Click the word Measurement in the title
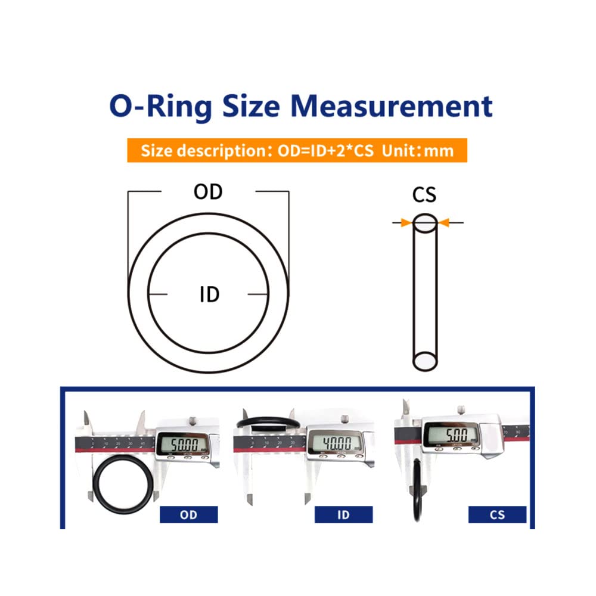point(395,106)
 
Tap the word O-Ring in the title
point(160,106)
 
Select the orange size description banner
point(297,150)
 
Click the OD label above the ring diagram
point(208,192)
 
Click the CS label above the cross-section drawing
point(424,195)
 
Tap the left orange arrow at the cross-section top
point(406,223)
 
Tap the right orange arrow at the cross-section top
point(444,223)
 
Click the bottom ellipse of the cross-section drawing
point(425,361)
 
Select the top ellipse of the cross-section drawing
point(425,223)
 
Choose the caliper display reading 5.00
point(451,434)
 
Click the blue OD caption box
point(188,514)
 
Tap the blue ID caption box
point(343,514)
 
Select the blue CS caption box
point(497,514)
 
